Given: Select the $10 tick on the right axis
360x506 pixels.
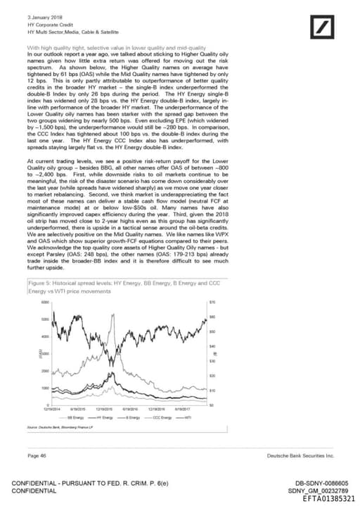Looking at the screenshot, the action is [212, 389].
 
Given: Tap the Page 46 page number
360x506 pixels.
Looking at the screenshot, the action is [37, 456].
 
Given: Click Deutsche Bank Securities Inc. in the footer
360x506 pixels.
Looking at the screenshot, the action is [300, 456].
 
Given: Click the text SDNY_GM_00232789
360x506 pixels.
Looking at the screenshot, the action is [318, 489].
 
